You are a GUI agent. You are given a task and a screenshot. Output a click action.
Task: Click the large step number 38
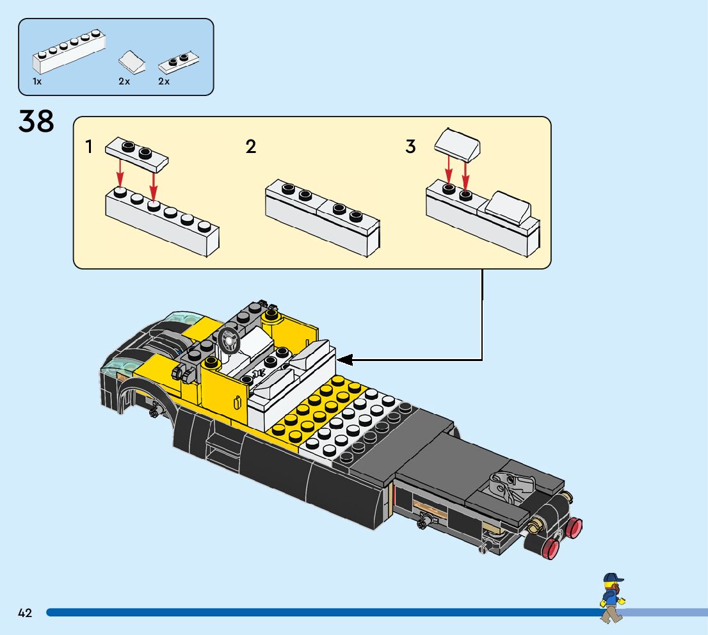(x=36, y=121)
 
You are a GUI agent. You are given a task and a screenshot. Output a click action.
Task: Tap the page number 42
(x=25, y=613)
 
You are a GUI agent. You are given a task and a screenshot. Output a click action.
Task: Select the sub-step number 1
(x=90, y=147)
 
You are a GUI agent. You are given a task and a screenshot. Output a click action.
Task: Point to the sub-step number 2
(x=251, y=147)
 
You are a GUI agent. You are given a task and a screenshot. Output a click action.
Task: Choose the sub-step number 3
(x=410, y=147)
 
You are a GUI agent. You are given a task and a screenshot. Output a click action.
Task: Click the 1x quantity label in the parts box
(x=37, y=82)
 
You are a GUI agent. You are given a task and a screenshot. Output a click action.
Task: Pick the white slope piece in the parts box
(x=133, y=62)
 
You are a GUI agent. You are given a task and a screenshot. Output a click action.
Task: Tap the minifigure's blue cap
(x=613, y=578)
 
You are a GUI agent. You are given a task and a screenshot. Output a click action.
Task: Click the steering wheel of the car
(x=229, y=340)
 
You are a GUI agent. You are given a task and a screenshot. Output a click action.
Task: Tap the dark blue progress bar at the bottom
(x=320, y=613)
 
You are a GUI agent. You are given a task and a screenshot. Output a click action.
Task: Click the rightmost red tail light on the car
(x=574, y=527)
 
